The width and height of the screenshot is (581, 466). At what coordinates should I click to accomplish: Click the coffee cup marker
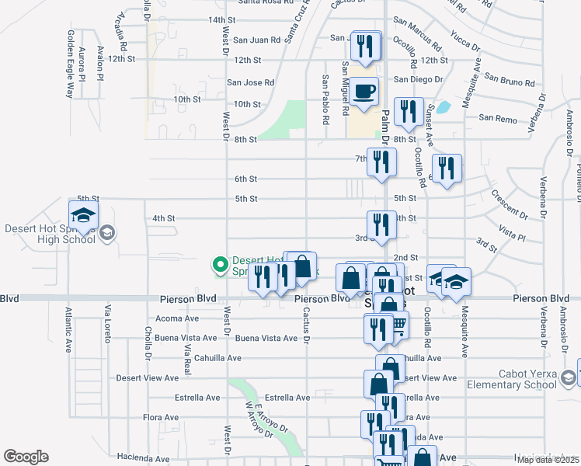pyautogui.click(x=363, y=92)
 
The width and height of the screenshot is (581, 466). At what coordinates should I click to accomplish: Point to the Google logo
pyautogui.click(x=26, y=457)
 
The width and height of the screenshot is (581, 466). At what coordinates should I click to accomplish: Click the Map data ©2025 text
pyautogui.click(x=548, y=460)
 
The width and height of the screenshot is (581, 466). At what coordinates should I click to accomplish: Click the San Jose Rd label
pyautogui.click(x=250, y=82)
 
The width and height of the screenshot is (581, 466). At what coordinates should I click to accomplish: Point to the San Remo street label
pyautogui.click(x=497, y=118)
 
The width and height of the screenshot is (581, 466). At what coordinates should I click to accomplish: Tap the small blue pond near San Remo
pyautogui.click(x=444, y=108)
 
